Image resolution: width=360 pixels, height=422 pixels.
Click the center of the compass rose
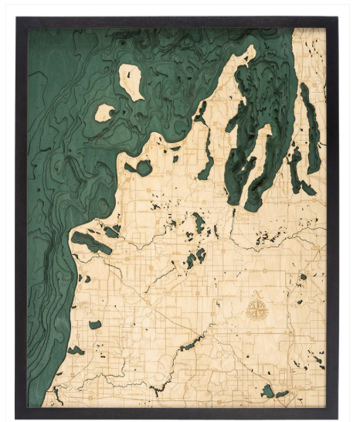[257, 311]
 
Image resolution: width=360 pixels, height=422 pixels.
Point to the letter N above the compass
[257, 294]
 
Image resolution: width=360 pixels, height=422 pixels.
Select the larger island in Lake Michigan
[130, 81]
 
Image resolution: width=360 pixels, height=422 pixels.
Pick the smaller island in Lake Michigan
[104, 114]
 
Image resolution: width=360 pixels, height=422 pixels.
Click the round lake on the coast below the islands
[143, 168]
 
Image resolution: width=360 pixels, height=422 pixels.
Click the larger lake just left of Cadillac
[267, 391]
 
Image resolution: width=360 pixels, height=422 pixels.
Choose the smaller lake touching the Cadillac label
[282, 393]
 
